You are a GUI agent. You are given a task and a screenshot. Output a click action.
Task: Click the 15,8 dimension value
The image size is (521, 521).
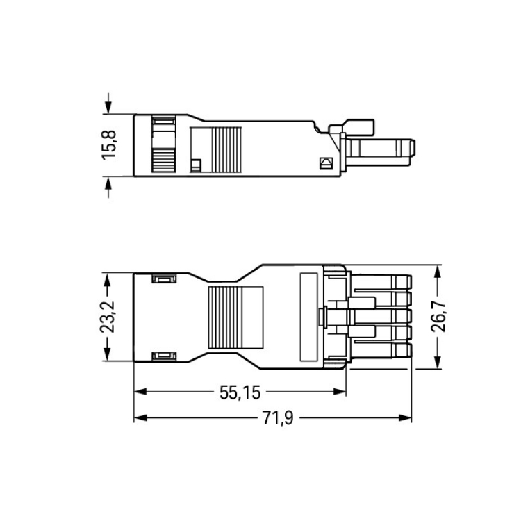point(109,145)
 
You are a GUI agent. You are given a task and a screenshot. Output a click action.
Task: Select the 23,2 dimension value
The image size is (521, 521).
point(107,317)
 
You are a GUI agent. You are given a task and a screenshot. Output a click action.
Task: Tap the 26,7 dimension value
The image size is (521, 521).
point(438,317)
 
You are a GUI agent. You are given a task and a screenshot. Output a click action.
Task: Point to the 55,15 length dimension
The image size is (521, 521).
point(240,392)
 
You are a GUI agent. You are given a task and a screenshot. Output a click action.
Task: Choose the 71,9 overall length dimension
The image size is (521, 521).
point(278,418)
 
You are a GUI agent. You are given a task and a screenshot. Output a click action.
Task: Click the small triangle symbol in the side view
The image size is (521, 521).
point(325,163)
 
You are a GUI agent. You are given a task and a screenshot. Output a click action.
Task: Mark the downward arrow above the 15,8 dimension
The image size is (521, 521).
point(108,104)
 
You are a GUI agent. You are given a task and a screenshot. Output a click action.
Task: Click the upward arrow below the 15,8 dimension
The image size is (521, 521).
point(108,187)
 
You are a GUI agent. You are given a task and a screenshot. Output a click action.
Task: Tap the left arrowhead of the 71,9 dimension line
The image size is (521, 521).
point(140,417)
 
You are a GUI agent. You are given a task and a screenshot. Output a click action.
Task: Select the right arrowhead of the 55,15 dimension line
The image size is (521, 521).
point(340,392)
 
